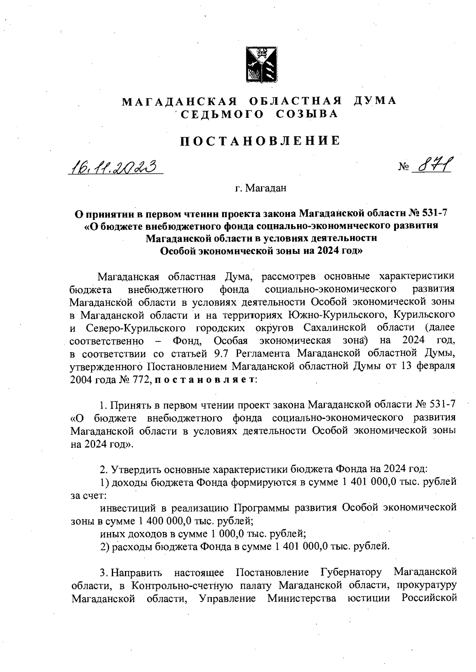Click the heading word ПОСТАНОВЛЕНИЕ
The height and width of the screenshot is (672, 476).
[x=260, y=141]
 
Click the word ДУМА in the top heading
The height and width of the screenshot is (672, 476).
[x=374, y=101]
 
